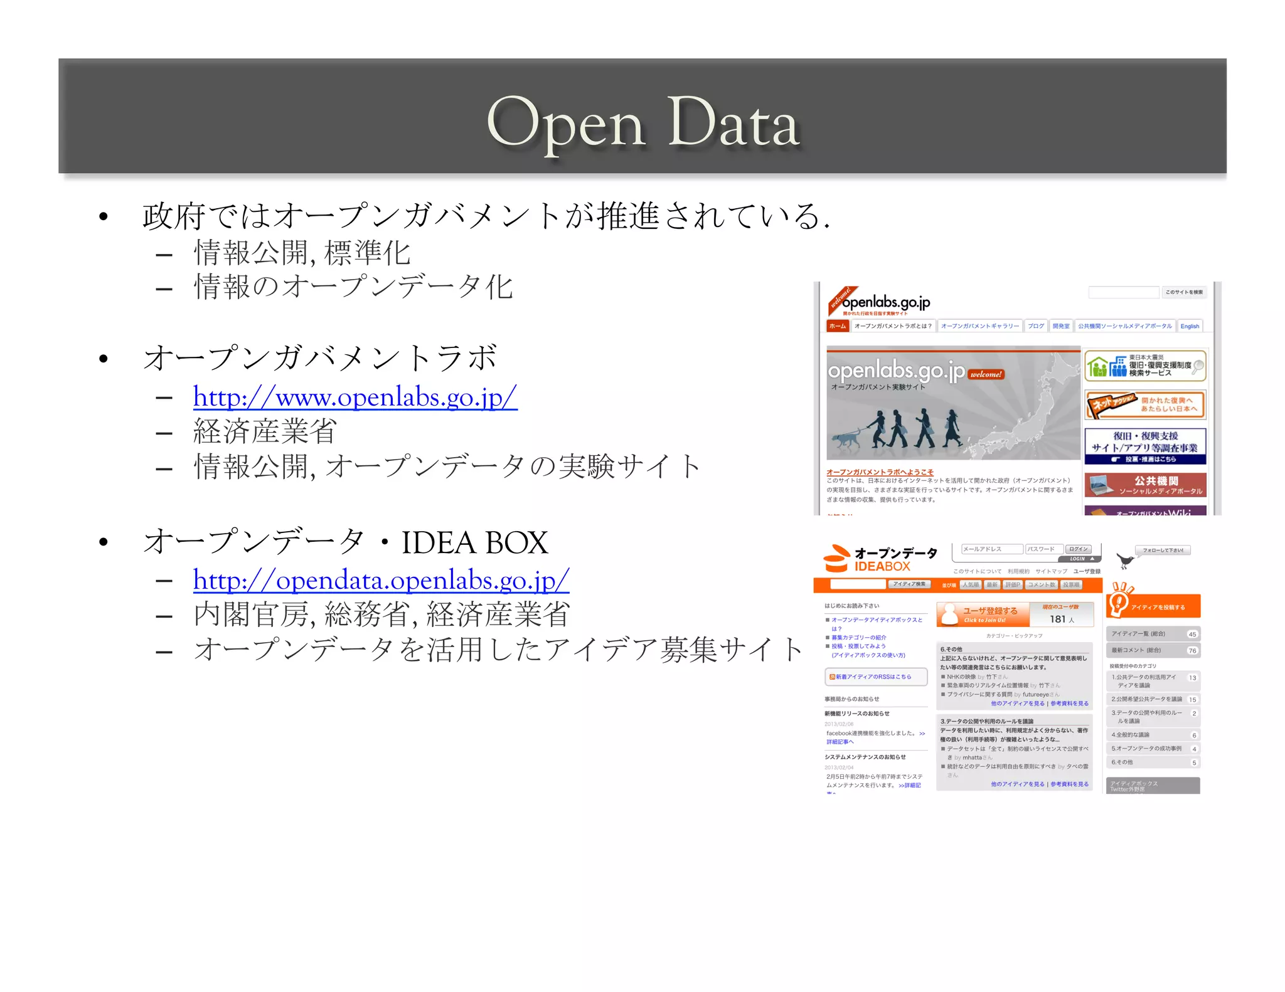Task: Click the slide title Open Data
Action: point(642,122)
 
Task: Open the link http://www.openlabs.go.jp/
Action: point(355,397)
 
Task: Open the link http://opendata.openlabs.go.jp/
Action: point(381,580)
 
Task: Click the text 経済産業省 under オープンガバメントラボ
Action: point(265,431)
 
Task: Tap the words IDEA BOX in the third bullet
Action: point(474,542)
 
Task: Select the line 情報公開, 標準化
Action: point(302,253)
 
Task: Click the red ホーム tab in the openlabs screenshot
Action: point(837,326)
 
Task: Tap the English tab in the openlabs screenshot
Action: point(1189,326)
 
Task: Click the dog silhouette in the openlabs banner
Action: point(847,438)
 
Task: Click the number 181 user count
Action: point(1058,619)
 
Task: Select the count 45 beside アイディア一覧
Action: point(1192,634)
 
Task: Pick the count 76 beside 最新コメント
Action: point(1192,650)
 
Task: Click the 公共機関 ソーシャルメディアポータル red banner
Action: point(1145,485)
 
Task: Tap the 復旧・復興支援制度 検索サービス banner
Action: point(1145,366)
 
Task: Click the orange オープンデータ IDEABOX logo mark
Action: point(836,558)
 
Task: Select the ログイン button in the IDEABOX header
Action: point(1079,549)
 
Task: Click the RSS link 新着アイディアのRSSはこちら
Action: point(873,677)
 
